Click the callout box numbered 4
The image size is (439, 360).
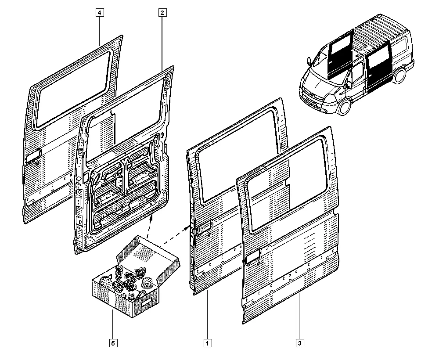tap(100, 13)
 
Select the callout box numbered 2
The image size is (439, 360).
tap(162, 13)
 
